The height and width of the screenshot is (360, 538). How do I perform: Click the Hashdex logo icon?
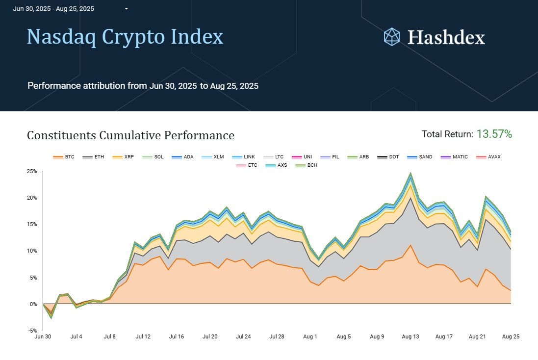click(392, 37)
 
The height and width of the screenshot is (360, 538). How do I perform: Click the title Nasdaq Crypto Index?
click(125, 37)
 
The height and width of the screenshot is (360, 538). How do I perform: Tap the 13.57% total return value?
click(494, 134)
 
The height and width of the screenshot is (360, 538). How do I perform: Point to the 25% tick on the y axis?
click(32, 172)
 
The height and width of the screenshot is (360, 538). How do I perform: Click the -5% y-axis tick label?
click(32, 331)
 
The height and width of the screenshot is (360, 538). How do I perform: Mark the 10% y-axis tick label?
click(32, 251)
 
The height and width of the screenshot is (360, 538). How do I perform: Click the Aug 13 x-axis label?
click(410, 337)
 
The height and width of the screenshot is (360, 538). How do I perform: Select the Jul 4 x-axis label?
click(77, 337)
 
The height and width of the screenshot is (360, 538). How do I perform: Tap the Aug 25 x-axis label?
click(511, 337)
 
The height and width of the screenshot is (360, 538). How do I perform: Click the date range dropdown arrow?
click(127, 9)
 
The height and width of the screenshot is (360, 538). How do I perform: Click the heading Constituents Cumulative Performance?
click(130, 135)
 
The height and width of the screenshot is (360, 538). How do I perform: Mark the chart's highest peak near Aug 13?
click(410, 173)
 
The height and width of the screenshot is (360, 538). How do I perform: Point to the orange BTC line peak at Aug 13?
click(410, 245)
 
